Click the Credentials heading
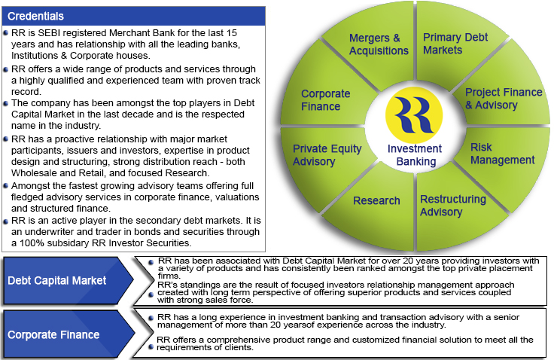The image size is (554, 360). (x=35, y=17)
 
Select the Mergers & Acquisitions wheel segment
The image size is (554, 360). (x=379, y=44)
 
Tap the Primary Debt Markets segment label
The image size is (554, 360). (x=455, y=44)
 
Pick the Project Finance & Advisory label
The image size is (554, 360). (x=504, y=99)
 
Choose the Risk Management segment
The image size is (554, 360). (x=502, y=154)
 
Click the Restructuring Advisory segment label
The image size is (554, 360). (x=453, y=206)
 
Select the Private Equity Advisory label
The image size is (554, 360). (x=327, y=155)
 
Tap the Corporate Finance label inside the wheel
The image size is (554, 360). (x=325, y=99)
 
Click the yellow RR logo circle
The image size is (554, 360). (x=414, y=115)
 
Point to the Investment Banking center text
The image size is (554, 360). (x=415, y=155)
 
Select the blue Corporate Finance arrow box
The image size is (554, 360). (x=68, y=334)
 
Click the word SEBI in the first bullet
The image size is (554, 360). (x=49, y=33)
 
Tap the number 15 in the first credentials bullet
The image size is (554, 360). (x=232, y=33)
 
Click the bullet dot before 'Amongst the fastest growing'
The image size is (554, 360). (x=6, y=186)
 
